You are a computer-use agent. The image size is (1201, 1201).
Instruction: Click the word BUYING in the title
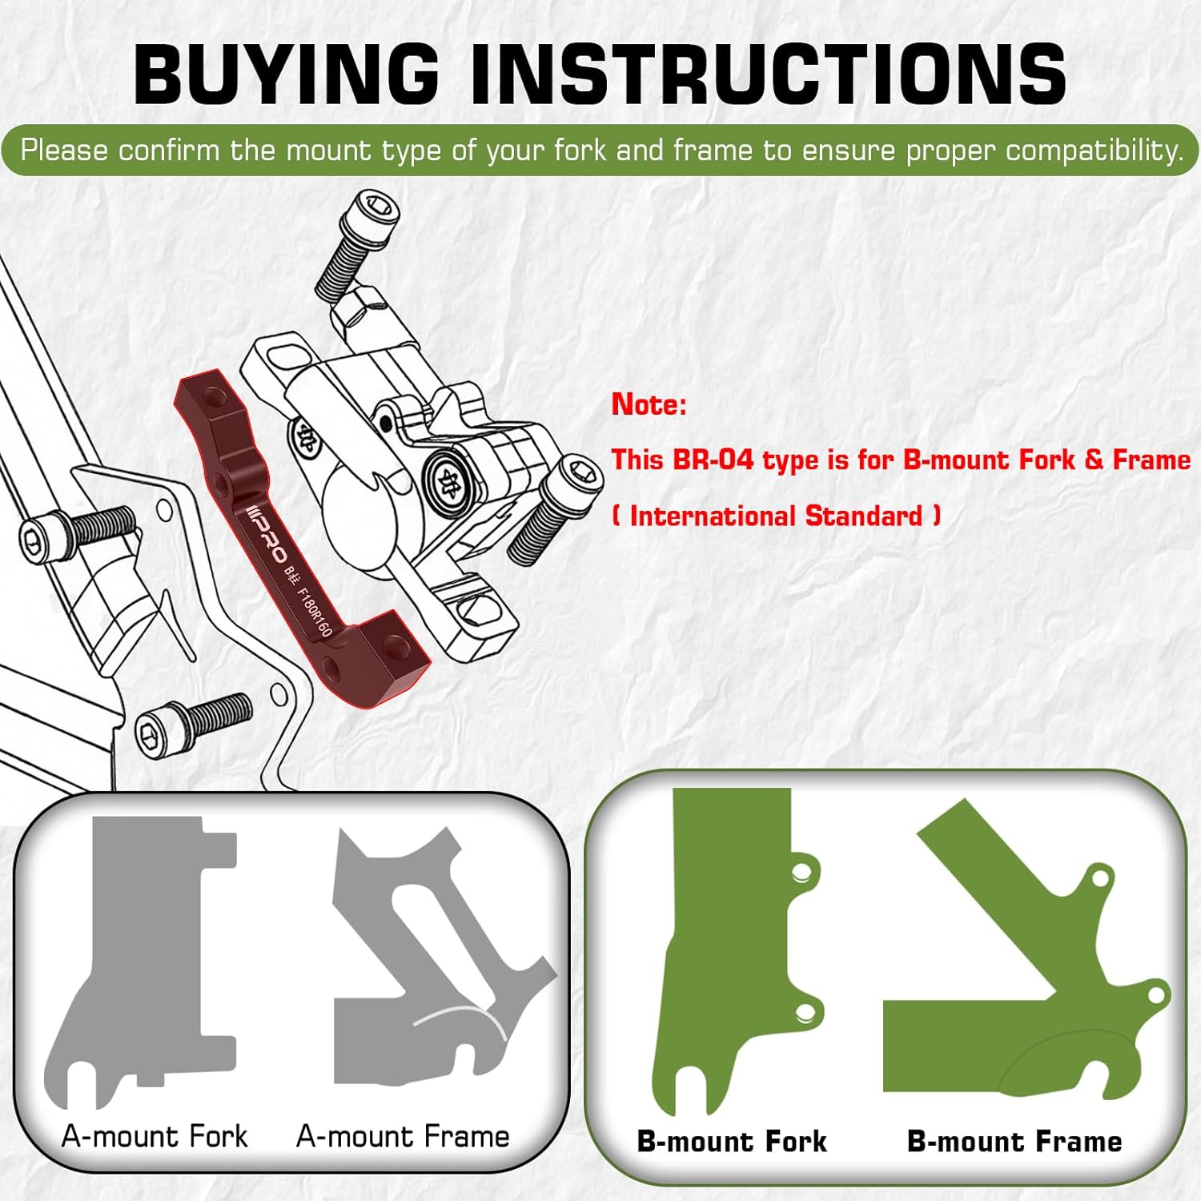pyautogui.click(x=286, y=74)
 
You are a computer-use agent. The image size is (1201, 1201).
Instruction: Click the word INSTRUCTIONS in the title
pyautogui.click(x=768, y=74)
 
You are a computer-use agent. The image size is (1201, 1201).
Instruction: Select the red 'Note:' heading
pyautogui.click(x=649, y=404)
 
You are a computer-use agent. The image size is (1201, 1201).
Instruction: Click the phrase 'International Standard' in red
pyautogui.click(x=776, y=516)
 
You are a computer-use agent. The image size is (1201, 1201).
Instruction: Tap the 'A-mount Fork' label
pyautogui.click(x=155, y=1136)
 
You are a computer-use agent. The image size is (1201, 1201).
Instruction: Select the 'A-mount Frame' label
pyautogui.click(x=403, y=1136)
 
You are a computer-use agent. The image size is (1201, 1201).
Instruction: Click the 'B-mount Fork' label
pyautogui.click(x=732, y=1141)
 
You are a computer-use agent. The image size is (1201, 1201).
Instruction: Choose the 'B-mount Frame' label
pyautogui.click(x=1014, y=1141)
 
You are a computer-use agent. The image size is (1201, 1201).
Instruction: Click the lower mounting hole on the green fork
pyautogui.click(x=805, y=1014)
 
